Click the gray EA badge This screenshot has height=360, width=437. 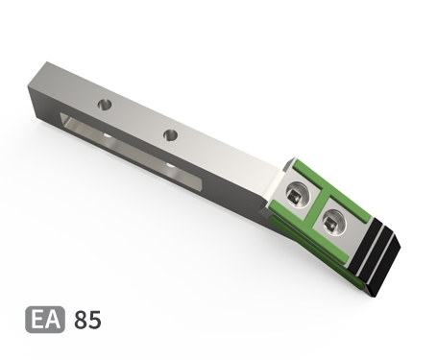pyautogui.click(x=45, y=320)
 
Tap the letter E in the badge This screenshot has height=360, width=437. pyautogui.click(x=36, y=320)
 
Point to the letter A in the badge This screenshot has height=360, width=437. pyautogui.click(x=52, y=320)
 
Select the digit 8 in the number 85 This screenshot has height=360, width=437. pyautogui.click(x=81, y=320)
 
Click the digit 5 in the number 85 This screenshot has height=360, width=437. pyautogui.click(x=95, y=320)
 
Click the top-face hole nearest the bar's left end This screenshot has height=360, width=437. pyautogui.click(x=105, y=105)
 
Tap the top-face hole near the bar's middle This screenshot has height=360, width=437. pyautogui.click(x=171, y=134)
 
